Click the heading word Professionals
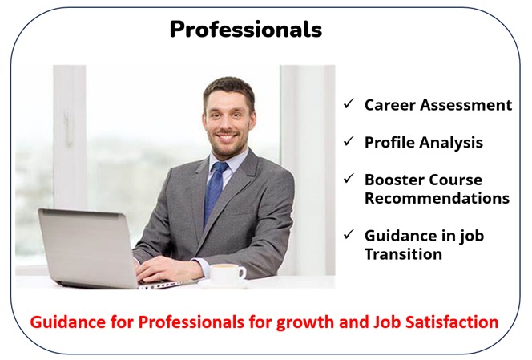246,29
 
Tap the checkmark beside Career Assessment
349,103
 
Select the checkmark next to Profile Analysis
349,141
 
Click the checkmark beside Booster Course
349,178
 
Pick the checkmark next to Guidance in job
349,234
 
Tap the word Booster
392,180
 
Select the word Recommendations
437,198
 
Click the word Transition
404,254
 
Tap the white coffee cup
227,275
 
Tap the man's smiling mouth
227,136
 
